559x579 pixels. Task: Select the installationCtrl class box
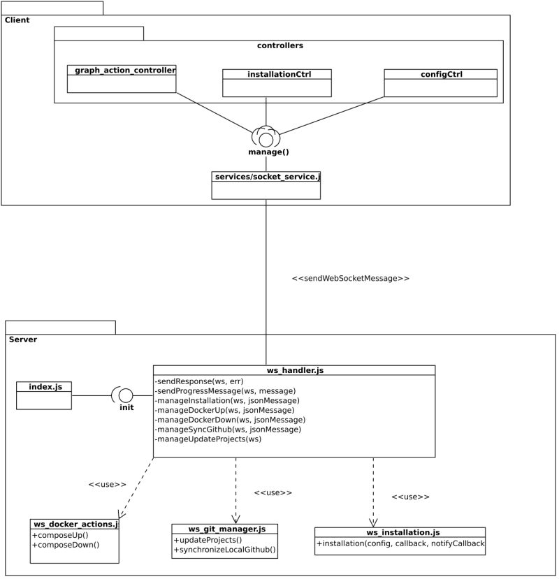point(277,82)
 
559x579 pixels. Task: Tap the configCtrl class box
point(440,82)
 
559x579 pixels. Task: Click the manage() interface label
point(268,152)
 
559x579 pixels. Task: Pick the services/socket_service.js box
point(266,185)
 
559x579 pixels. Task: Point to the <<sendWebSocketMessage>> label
point(350,278)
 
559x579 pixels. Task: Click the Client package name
point(17,20)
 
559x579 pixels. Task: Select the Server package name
point(23,339)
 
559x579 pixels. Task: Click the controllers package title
point(279,45)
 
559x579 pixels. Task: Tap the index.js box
point(44,395)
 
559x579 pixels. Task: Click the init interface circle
point(126,395)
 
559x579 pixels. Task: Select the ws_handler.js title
point(294,370)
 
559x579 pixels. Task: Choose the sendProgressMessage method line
point(221,390)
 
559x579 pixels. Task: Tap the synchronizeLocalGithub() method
point(224,550)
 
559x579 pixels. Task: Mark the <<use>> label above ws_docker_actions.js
point(107,484)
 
